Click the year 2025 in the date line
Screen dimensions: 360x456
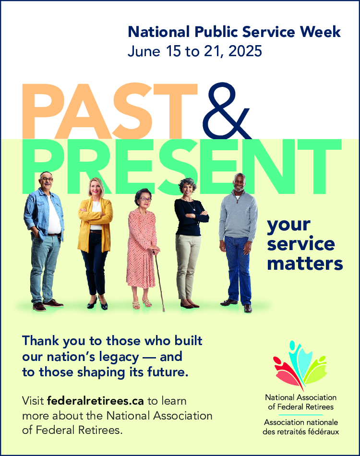coord(245,51)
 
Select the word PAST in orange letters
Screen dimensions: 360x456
coord(109,111)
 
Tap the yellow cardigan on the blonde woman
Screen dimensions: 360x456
coord(95,224)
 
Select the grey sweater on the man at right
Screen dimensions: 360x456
coord(239,215)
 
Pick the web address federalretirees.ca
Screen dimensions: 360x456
coord(96,401)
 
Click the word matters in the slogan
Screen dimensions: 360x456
coord(305,264)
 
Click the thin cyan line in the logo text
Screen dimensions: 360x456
coord(300,415)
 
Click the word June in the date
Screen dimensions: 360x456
coord(144,51)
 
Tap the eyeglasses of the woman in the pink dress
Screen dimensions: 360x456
coord(145,200)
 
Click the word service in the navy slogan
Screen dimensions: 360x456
coord(301,244)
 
